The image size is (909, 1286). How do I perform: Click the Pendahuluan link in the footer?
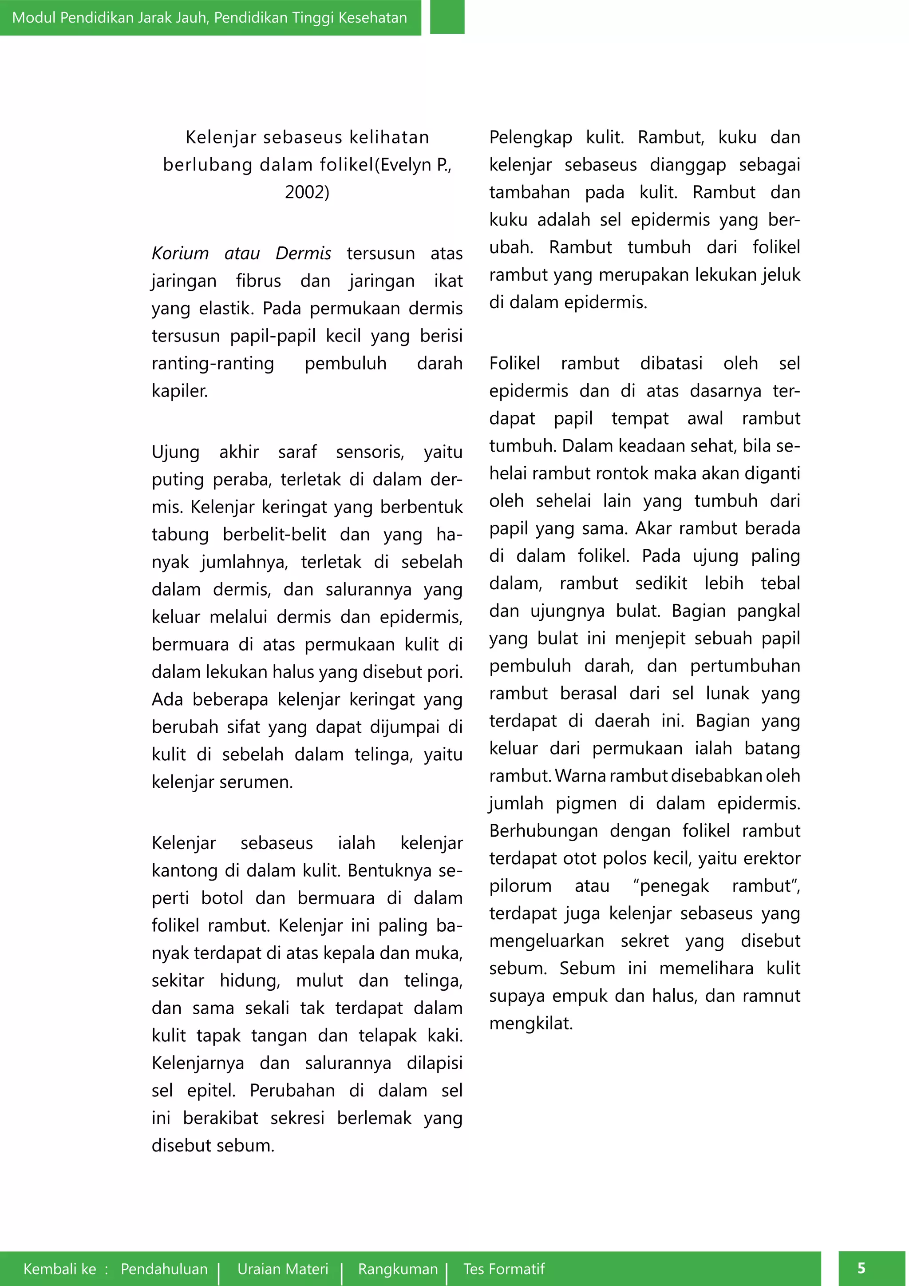(164, 1269)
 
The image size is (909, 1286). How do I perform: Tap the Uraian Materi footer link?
(283, 1269)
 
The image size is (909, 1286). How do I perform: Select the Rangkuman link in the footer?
(398, 1269)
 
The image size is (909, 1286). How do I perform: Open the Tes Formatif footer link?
(504, 1269)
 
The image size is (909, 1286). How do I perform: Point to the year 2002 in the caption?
(307, 192)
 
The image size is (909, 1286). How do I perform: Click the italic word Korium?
(180, 253)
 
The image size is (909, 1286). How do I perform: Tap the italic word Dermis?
(304, 253)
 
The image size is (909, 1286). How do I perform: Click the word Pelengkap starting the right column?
(530, 138)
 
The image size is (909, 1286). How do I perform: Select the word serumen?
(260, 782)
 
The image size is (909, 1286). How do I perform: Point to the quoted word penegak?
(671, 886)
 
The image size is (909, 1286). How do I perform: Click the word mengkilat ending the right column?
(531, 1023)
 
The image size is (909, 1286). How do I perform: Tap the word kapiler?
(179, 391)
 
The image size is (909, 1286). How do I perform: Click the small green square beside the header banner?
(447, 17)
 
